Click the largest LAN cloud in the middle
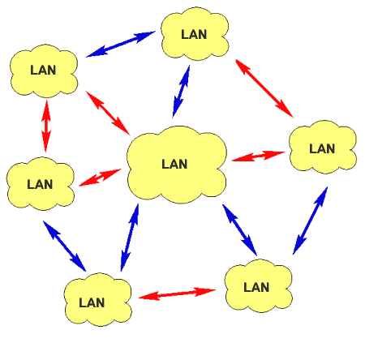(x=177, y=165)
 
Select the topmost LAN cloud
(x=195, y=34)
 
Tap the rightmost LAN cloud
(x=323, y=147)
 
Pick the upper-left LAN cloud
(x=44, y=71)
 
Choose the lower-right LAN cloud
(x=259, y=286)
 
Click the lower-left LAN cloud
(x=98, y=299)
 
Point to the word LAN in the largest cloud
(x=174, y=164)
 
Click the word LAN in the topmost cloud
(x=194, y=34)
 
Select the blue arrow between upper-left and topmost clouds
(x=121, y=44)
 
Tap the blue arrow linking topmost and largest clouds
(x=181, y=92)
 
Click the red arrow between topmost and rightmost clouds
(x=264, y=88)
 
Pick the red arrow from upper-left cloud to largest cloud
(x=108, y=113)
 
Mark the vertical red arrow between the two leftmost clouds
(x=46, y=126)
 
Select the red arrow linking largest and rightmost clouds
(x=259, y=156)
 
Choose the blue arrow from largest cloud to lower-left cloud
(x=130, y=238)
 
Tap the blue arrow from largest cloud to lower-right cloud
(x=239, y=229)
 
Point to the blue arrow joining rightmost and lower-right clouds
(x=310, y=221)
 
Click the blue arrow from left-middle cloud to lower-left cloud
(x=64, y=246)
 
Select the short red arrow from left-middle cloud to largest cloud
(x=100, y=178)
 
